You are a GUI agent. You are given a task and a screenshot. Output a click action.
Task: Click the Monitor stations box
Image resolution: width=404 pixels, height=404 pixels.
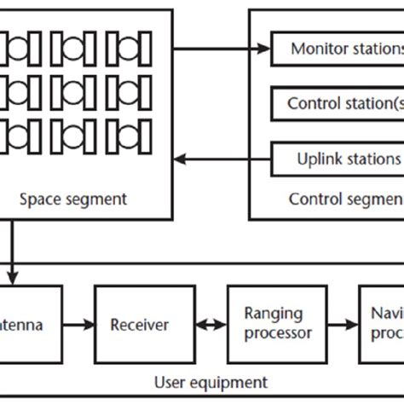coord(338,49)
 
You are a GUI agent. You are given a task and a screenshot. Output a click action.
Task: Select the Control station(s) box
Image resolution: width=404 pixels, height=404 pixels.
coord(338,104)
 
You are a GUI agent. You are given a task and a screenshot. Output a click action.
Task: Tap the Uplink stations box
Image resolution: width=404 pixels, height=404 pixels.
coord(338,159)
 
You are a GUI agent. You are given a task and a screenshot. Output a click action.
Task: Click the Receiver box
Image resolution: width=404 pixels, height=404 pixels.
coord(139,325)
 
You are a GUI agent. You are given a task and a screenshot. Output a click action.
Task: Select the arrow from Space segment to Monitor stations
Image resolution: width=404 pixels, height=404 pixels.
coord(224,49)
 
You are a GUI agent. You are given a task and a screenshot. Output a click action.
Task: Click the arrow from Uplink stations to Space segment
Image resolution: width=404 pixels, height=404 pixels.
coord(224,159)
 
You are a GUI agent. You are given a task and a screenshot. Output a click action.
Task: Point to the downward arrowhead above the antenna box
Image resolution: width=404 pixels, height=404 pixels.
coord(11,276)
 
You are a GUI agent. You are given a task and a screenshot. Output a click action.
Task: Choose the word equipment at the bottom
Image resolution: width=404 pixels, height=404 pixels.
coord(232,383)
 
